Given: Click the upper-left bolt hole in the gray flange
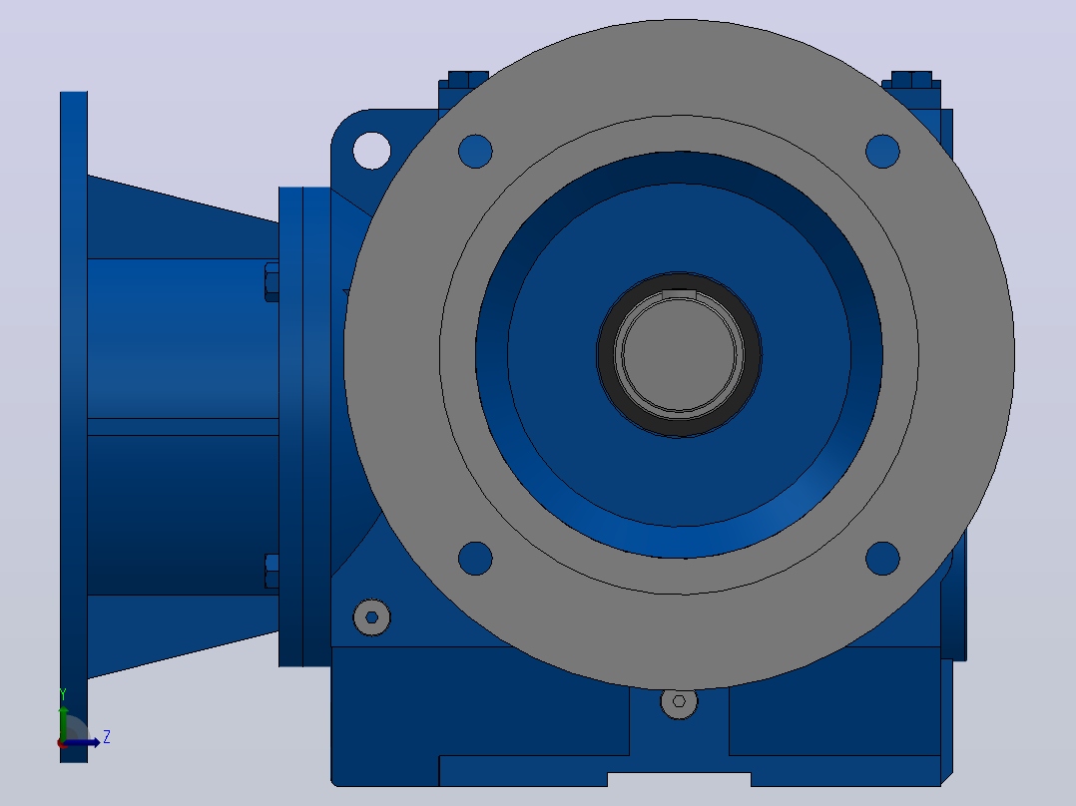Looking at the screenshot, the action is pos(475,151).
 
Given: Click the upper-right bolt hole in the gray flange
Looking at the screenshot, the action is pos(882,151).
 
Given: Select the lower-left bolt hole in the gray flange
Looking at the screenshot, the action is pos(475,559).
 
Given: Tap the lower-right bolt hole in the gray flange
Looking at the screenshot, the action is pos(882,559).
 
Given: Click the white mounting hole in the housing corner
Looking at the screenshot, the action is pos(371,151).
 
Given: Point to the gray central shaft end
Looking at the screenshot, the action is pos(680,355).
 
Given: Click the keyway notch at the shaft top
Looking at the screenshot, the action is pos(680,294).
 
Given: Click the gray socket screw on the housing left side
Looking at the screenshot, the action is pos(371,617).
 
